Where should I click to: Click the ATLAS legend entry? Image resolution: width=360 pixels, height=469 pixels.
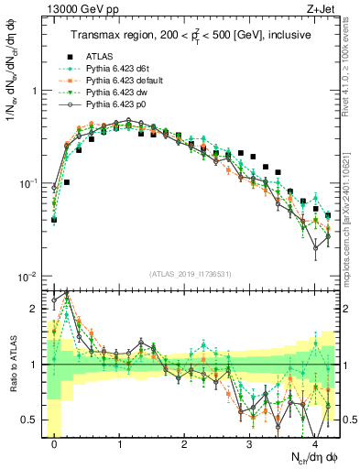tap(99, 57)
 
